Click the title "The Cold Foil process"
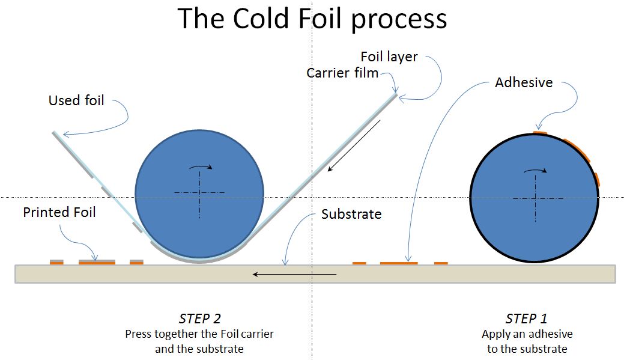[312, 19]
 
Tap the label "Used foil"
[76, 100]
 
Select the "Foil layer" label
[389, 57]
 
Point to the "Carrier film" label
[342, 73]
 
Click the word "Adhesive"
[524, 82]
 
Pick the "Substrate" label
[351, 214]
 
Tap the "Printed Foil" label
[59, 212]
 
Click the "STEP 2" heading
[200, 319]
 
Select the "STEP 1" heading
[527, 319]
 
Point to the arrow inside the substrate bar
[294, 275]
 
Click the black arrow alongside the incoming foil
[354, 145]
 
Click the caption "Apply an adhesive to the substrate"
[527, 341]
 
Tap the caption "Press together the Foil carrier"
[199, 334]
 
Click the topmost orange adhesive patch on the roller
[540, 132]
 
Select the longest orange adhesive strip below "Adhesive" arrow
[399, 263]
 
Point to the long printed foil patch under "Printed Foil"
[97, 262]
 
